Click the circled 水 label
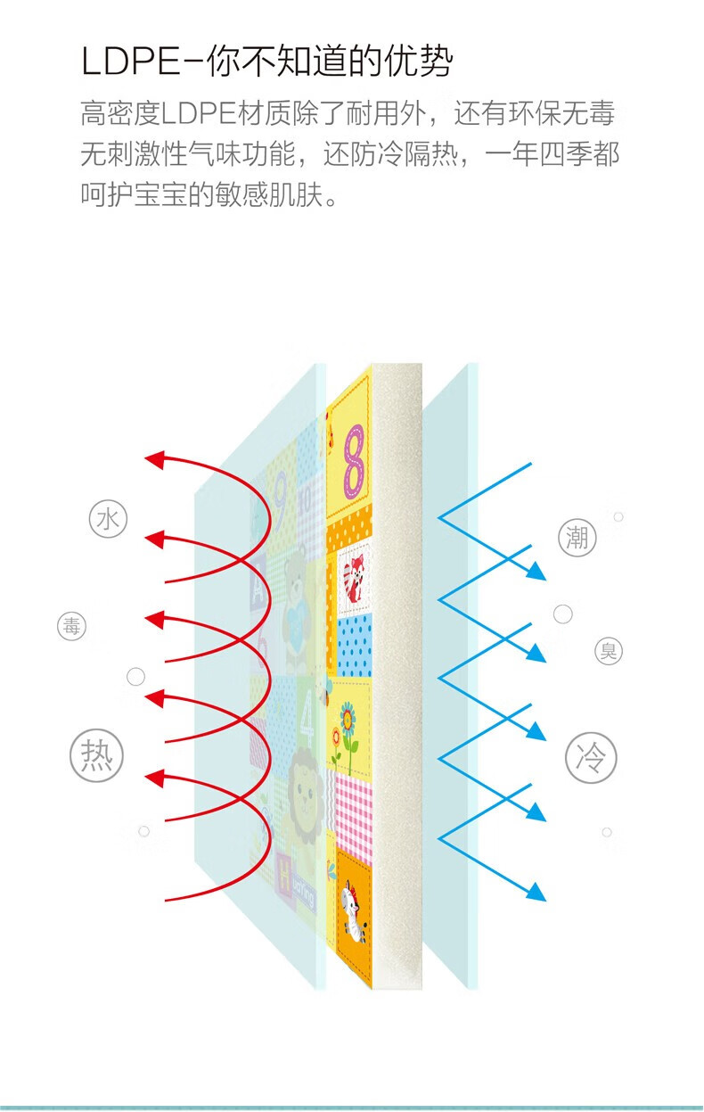pos(108,519)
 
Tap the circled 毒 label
pos(71,626)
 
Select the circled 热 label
pos(97,756)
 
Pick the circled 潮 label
pos(577,538)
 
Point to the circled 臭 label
pos(609,651)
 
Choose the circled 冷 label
pos(591,758)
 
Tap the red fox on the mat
pos(354,579)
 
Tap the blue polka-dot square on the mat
pos(355,646)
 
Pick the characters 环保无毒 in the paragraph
pos(562,112)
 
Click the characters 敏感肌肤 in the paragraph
pos(270,194)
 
